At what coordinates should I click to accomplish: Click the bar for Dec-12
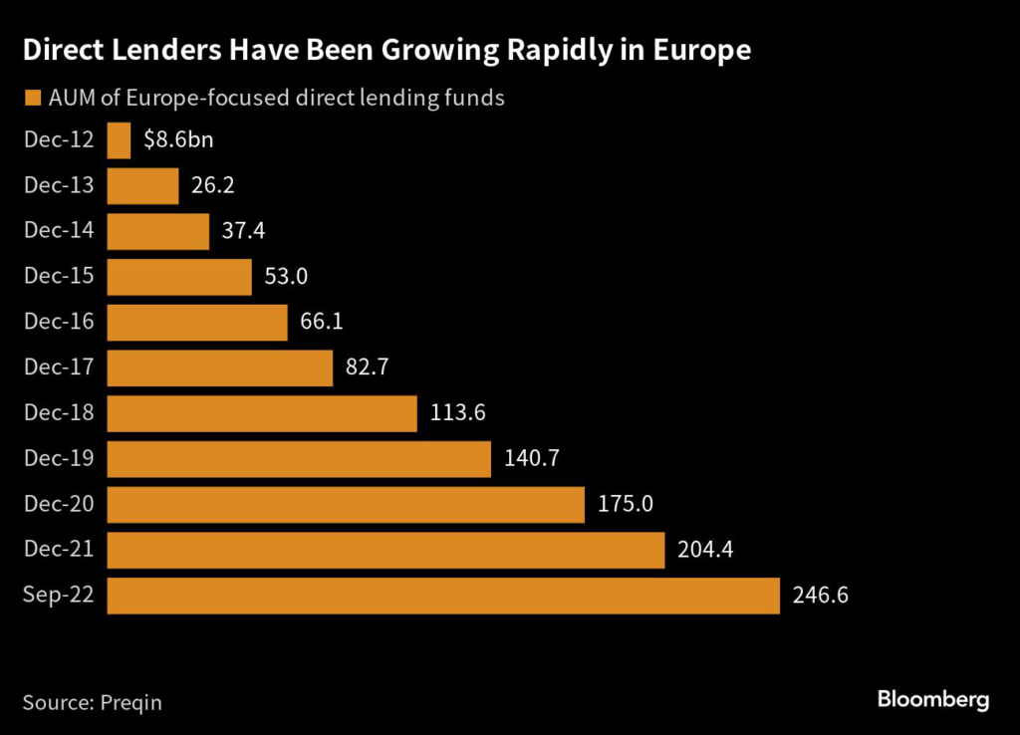(119, 139)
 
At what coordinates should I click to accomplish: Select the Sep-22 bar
(443, 596)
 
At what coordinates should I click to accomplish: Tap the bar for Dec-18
(262, 413)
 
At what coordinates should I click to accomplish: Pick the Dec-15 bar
(179, 277)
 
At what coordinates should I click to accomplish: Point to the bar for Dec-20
(346, 504)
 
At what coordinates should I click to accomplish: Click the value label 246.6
(821, 597)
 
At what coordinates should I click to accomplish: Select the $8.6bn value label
(178, 139)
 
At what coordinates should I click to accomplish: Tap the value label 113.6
(457, 413)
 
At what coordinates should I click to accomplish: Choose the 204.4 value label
(705, 550)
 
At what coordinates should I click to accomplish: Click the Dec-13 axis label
(59, 185)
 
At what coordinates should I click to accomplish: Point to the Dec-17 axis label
(59, 367)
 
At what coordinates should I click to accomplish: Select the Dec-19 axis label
(59, 459)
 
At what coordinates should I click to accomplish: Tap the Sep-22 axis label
(59, 596)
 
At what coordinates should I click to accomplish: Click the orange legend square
(31, 99)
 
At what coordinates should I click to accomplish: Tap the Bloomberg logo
(933, 700)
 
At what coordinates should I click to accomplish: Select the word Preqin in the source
(130, 702)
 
